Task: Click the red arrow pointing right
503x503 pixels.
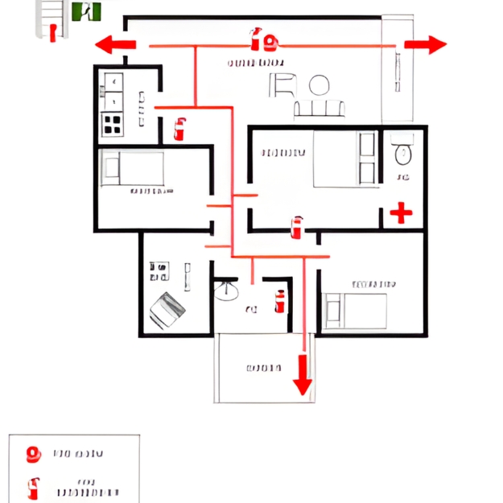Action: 424,44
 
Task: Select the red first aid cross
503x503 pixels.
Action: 400,212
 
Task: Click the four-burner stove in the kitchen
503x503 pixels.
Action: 112,124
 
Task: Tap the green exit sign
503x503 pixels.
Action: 86,11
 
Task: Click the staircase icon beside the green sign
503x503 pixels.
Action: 49,18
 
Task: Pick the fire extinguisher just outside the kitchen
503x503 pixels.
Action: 179,128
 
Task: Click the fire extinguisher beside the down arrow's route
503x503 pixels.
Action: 280,301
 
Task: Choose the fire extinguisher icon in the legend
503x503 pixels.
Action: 34,489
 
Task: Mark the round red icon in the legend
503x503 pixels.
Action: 34,455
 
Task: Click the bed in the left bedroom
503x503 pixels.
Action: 131,168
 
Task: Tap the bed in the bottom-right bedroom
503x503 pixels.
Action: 355,309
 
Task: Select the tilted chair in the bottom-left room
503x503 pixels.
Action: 168,309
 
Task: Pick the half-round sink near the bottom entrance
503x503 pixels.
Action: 227,288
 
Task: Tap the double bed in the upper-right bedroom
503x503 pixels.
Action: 344,158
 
